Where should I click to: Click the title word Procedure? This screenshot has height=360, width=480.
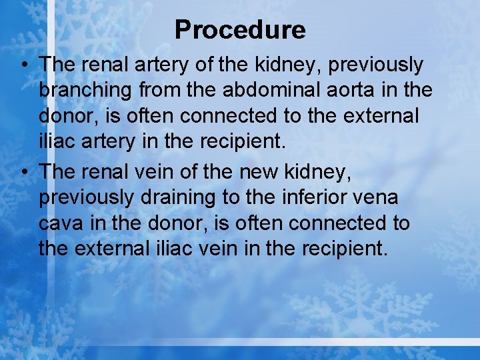240,29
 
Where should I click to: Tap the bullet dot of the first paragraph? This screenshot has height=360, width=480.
24,65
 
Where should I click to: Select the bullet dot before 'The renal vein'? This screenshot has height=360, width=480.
24,172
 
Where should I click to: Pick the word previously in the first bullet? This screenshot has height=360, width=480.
377,65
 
